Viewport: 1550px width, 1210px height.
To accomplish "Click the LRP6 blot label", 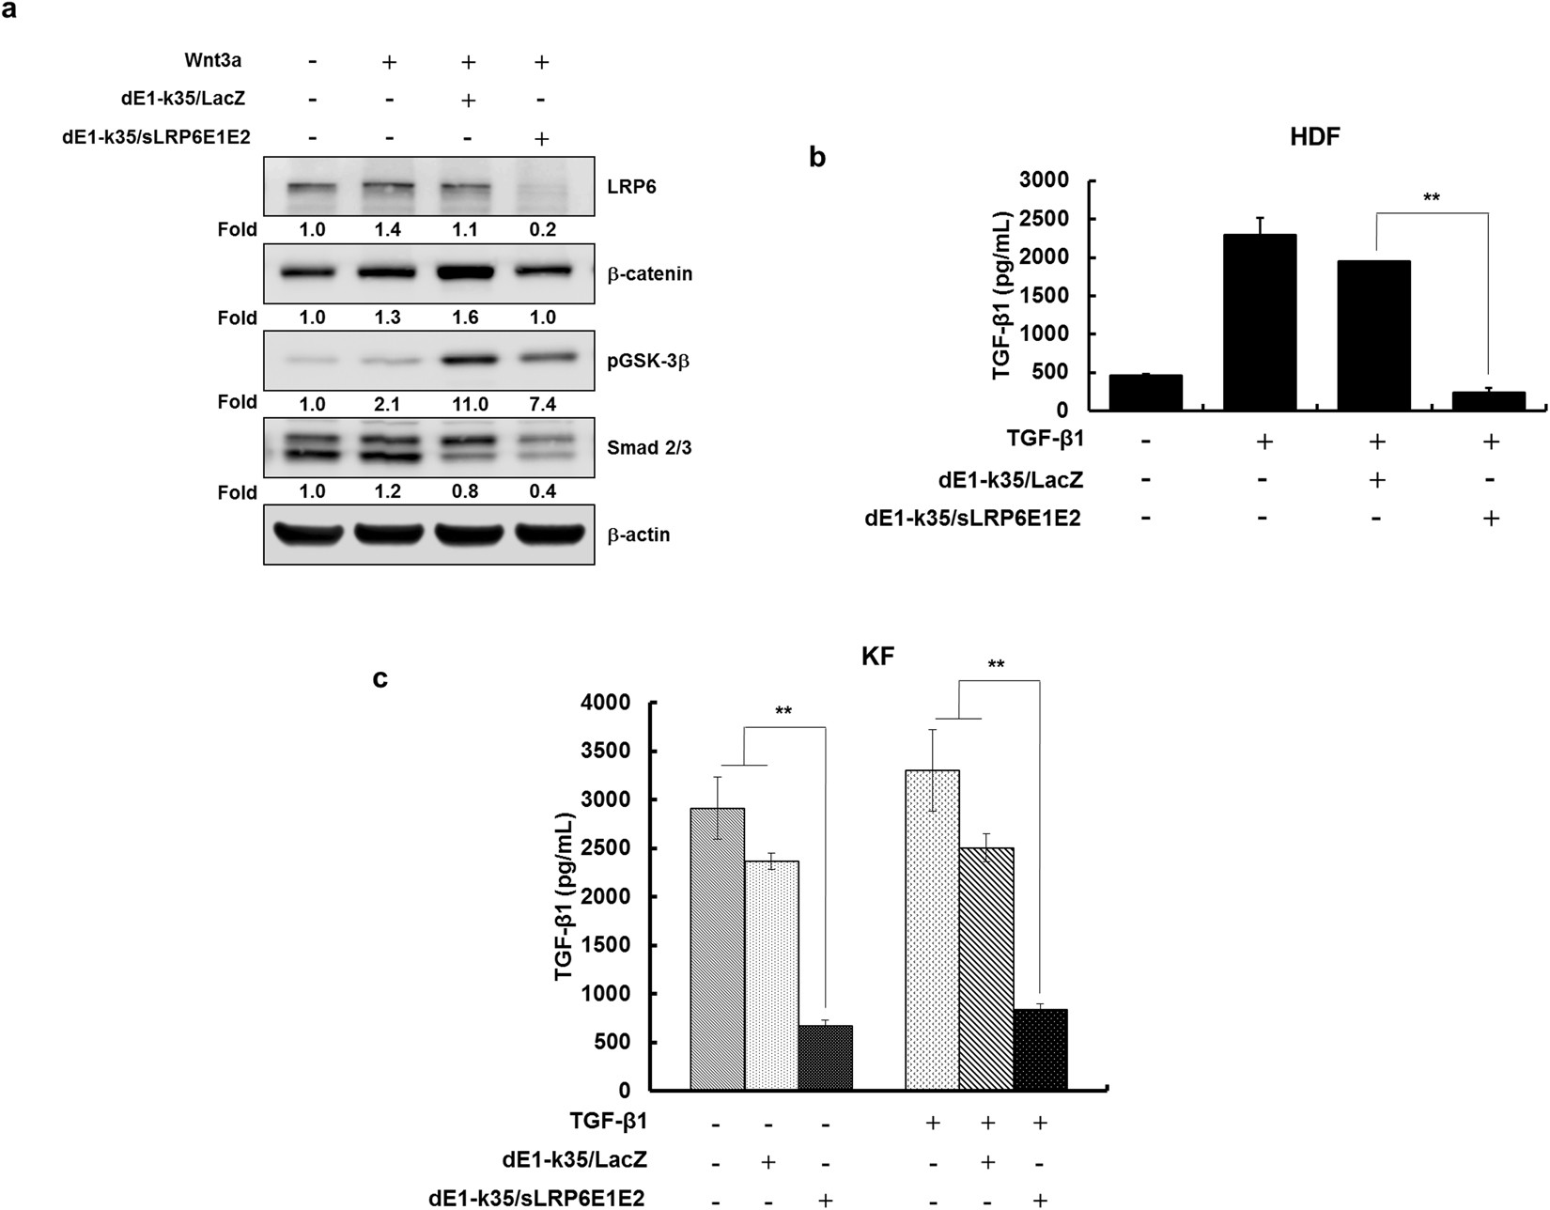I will [x=631, y=187].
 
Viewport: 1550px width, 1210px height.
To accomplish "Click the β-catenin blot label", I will [x=649, y=274].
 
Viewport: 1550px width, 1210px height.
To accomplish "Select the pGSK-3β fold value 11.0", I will [x=466, y=405].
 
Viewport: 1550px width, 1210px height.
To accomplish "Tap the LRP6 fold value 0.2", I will [x=543, y=230].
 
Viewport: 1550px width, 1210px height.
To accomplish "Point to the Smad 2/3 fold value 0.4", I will [x=543, y=492].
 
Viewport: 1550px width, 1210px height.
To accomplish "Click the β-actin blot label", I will [x=639, y=535].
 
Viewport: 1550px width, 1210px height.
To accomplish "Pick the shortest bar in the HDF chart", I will [x=1489, y=401].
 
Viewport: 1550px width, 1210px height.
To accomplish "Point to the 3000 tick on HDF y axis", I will [x=1051, y=180].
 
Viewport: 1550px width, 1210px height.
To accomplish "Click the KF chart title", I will [x=877, y=657].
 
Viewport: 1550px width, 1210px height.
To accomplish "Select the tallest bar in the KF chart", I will [x=932, y=930].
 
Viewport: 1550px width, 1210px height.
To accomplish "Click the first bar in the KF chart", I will [x=717, y=949].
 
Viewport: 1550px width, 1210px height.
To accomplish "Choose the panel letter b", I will [x=817, y=158].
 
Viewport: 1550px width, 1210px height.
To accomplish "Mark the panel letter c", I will [x=380, y=677].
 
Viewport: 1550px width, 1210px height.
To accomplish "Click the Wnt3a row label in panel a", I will [x=212, y=61].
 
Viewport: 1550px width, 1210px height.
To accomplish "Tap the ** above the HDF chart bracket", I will [x=1432, y=199].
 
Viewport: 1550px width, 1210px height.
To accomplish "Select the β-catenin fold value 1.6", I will [x=466, y=318].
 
